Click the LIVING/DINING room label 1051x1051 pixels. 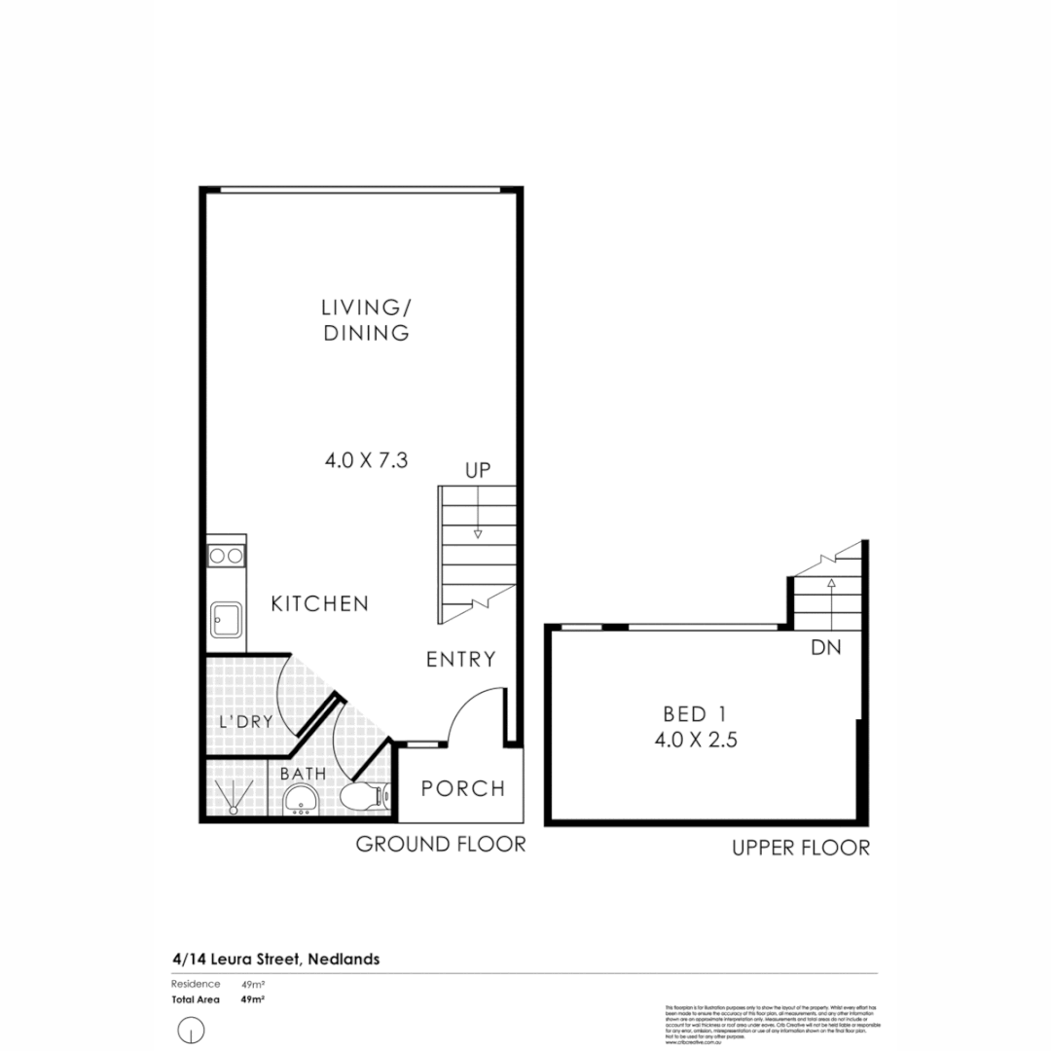point(365,320)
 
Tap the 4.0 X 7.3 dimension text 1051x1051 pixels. point(365,460)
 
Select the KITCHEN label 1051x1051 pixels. point(320,604)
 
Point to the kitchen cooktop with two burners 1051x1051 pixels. point(226,556)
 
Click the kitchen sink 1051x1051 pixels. point(226,618)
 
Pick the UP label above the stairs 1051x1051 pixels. point(477,471)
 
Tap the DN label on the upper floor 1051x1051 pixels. point(826,647)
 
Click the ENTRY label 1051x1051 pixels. point(461,660)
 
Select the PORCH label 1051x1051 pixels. point(463,788)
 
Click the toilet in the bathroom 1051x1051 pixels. point(365,797)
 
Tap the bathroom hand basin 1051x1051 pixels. point(303,801)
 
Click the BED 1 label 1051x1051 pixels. point(697,712)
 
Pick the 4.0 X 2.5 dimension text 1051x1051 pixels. point(697,740)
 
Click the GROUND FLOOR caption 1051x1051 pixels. point(441,845)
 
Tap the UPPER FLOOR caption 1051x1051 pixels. point(801,849)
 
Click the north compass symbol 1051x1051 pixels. point(192,1029)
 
